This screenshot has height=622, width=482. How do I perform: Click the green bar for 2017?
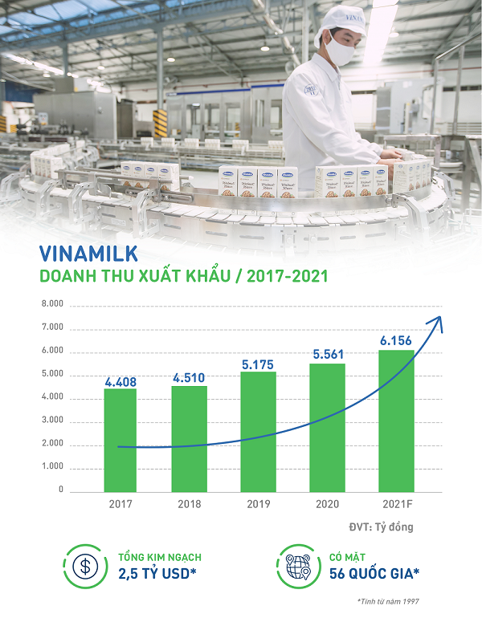pos(120,440)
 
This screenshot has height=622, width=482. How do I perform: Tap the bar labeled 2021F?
pos(396,421)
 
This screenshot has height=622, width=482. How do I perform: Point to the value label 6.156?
pos(396,342)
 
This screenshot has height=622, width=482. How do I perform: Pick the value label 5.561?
pos(327,356)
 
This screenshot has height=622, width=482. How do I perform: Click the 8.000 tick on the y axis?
pos(51,306)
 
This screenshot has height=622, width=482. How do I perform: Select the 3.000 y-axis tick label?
pos(51,421)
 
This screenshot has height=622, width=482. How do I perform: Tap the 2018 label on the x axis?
pos(189,503)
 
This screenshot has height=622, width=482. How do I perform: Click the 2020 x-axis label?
pos(327,503)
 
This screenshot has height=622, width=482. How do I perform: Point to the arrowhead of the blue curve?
pos(438,320)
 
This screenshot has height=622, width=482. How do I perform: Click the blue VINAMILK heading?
pos(89,254)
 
